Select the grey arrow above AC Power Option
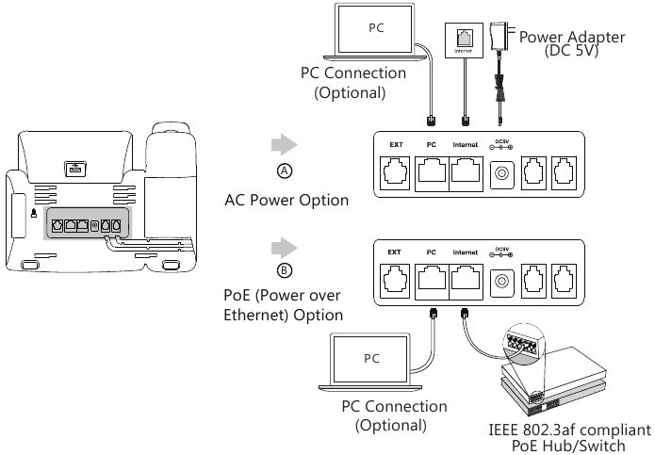pos(285,146)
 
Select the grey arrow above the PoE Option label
pos(285,247)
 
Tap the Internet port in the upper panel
pos(466,171)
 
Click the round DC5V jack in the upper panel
pos(502,172)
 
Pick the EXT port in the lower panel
pos(396,279)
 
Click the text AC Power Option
pos(287,201)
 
